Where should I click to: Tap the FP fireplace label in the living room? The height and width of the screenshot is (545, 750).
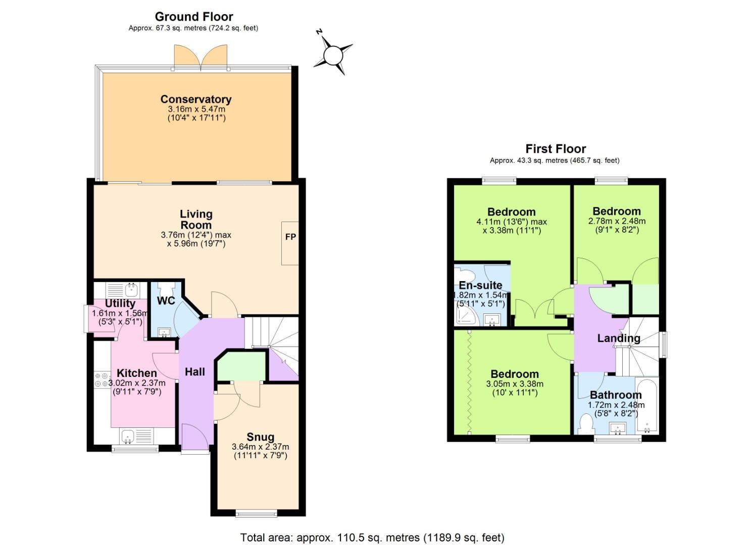click(x=290, y=237)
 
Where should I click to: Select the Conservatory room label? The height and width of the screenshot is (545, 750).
click(x=196, y=99)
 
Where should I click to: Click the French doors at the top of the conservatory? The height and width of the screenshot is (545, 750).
click(x=201, y=57)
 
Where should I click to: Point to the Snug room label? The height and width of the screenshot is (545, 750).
click(x=260, y=437)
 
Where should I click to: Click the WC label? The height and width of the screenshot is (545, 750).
click(x=166, y=301)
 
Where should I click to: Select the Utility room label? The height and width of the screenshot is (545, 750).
click(x=120, y=303)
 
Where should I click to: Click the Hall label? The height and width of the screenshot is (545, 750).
click(x=194, y=372)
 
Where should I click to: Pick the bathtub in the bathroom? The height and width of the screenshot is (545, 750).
click(x=647, y=405)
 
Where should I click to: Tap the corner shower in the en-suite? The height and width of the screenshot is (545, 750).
click(x=466, y=316)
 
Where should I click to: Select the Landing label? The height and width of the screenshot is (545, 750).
click(x=619, y=338)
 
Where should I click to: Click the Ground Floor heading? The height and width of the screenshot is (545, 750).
click(x=193, y=17)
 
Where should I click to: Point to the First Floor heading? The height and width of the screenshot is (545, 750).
click(x=556, y=149)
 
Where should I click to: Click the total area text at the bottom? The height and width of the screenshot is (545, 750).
click(x=372, y=537)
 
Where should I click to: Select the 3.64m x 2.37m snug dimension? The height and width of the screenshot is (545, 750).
click(x=260, y=447)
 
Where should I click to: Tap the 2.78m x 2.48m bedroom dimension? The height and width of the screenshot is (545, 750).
click(x=617, y=221)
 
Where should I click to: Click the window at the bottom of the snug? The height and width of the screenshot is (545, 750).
click(x=257, y=514)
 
